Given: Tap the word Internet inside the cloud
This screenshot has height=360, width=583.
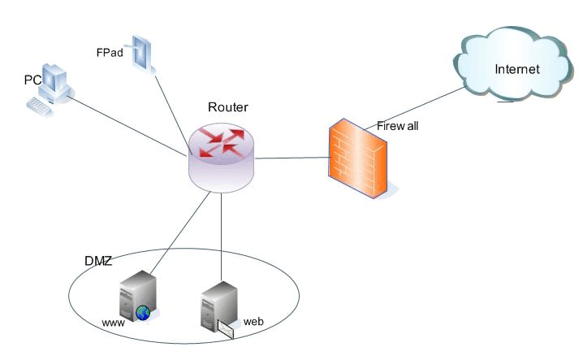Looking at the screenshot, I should click(x=517, y=69).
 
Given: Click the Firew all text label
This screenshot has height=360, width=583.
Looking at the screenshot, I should click(x=397, y=126).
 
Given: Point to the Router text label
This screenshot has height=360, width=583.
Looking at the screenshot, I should click(x=228, y=107).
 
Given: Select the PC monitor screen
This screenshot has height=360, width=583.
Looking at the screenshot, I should click(x=54, y=80).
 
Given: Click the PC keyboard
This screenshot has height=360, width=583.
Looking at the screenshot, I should click(x=41, y=106).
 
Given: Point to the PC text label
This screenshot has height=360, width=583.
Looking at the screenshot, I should click(x=32, y=80).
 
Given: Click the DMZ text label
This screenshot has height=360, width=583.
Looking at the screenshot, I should click(x=97, y=261).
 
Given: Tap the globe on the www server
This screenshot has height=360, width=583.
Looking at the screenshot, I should click(x=144, y=311).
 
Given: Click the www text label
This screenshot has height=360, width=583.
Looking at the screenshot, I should click(x=113, y=323).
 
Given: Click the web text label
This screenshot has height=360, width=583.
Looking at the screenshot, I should click(x=254, y=321).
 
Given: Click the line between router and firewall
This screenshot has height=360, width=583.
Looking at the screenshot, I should click(x=292, y=157).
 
